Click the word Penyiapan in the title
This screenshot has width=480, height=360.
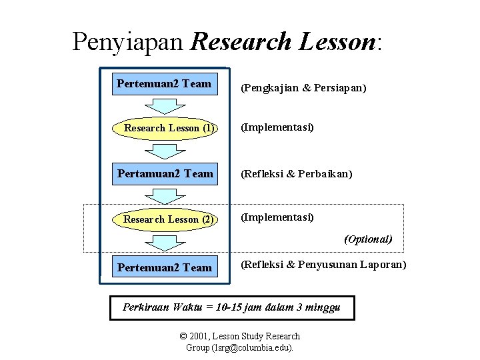point(127,42)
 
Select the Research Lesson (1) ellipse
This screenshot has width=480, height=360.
point(165,128)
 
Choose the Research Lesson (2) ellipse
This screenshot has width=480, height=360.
point(165,219)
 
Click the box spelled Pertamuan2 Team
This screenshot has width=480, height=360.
point(165,174)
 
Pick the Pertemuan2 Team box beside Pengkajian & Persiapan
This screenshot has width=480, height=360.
point(164,84)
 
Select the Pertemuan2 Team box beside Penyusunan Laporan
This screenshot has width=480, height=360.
point(164,268)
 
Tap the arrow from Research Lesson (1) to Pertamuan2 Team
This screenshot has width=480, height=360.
point(165,151)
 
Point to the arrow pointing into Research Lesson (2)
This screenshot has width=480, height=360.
point(165,197)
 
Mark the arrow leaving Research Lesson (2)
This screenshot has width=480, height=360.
point(165,242)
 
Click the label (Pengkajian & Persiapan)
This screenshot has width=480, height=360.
point(303,88)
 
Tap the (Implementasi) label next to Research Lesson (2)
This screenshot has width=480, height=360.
point(277,217)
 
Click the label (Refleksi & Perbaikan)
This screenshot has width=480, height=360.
point(297,174)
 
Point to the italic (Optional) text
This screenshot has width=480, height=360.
point(368,239)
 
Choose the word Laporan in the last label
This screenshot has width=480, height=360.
point(383,265)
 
